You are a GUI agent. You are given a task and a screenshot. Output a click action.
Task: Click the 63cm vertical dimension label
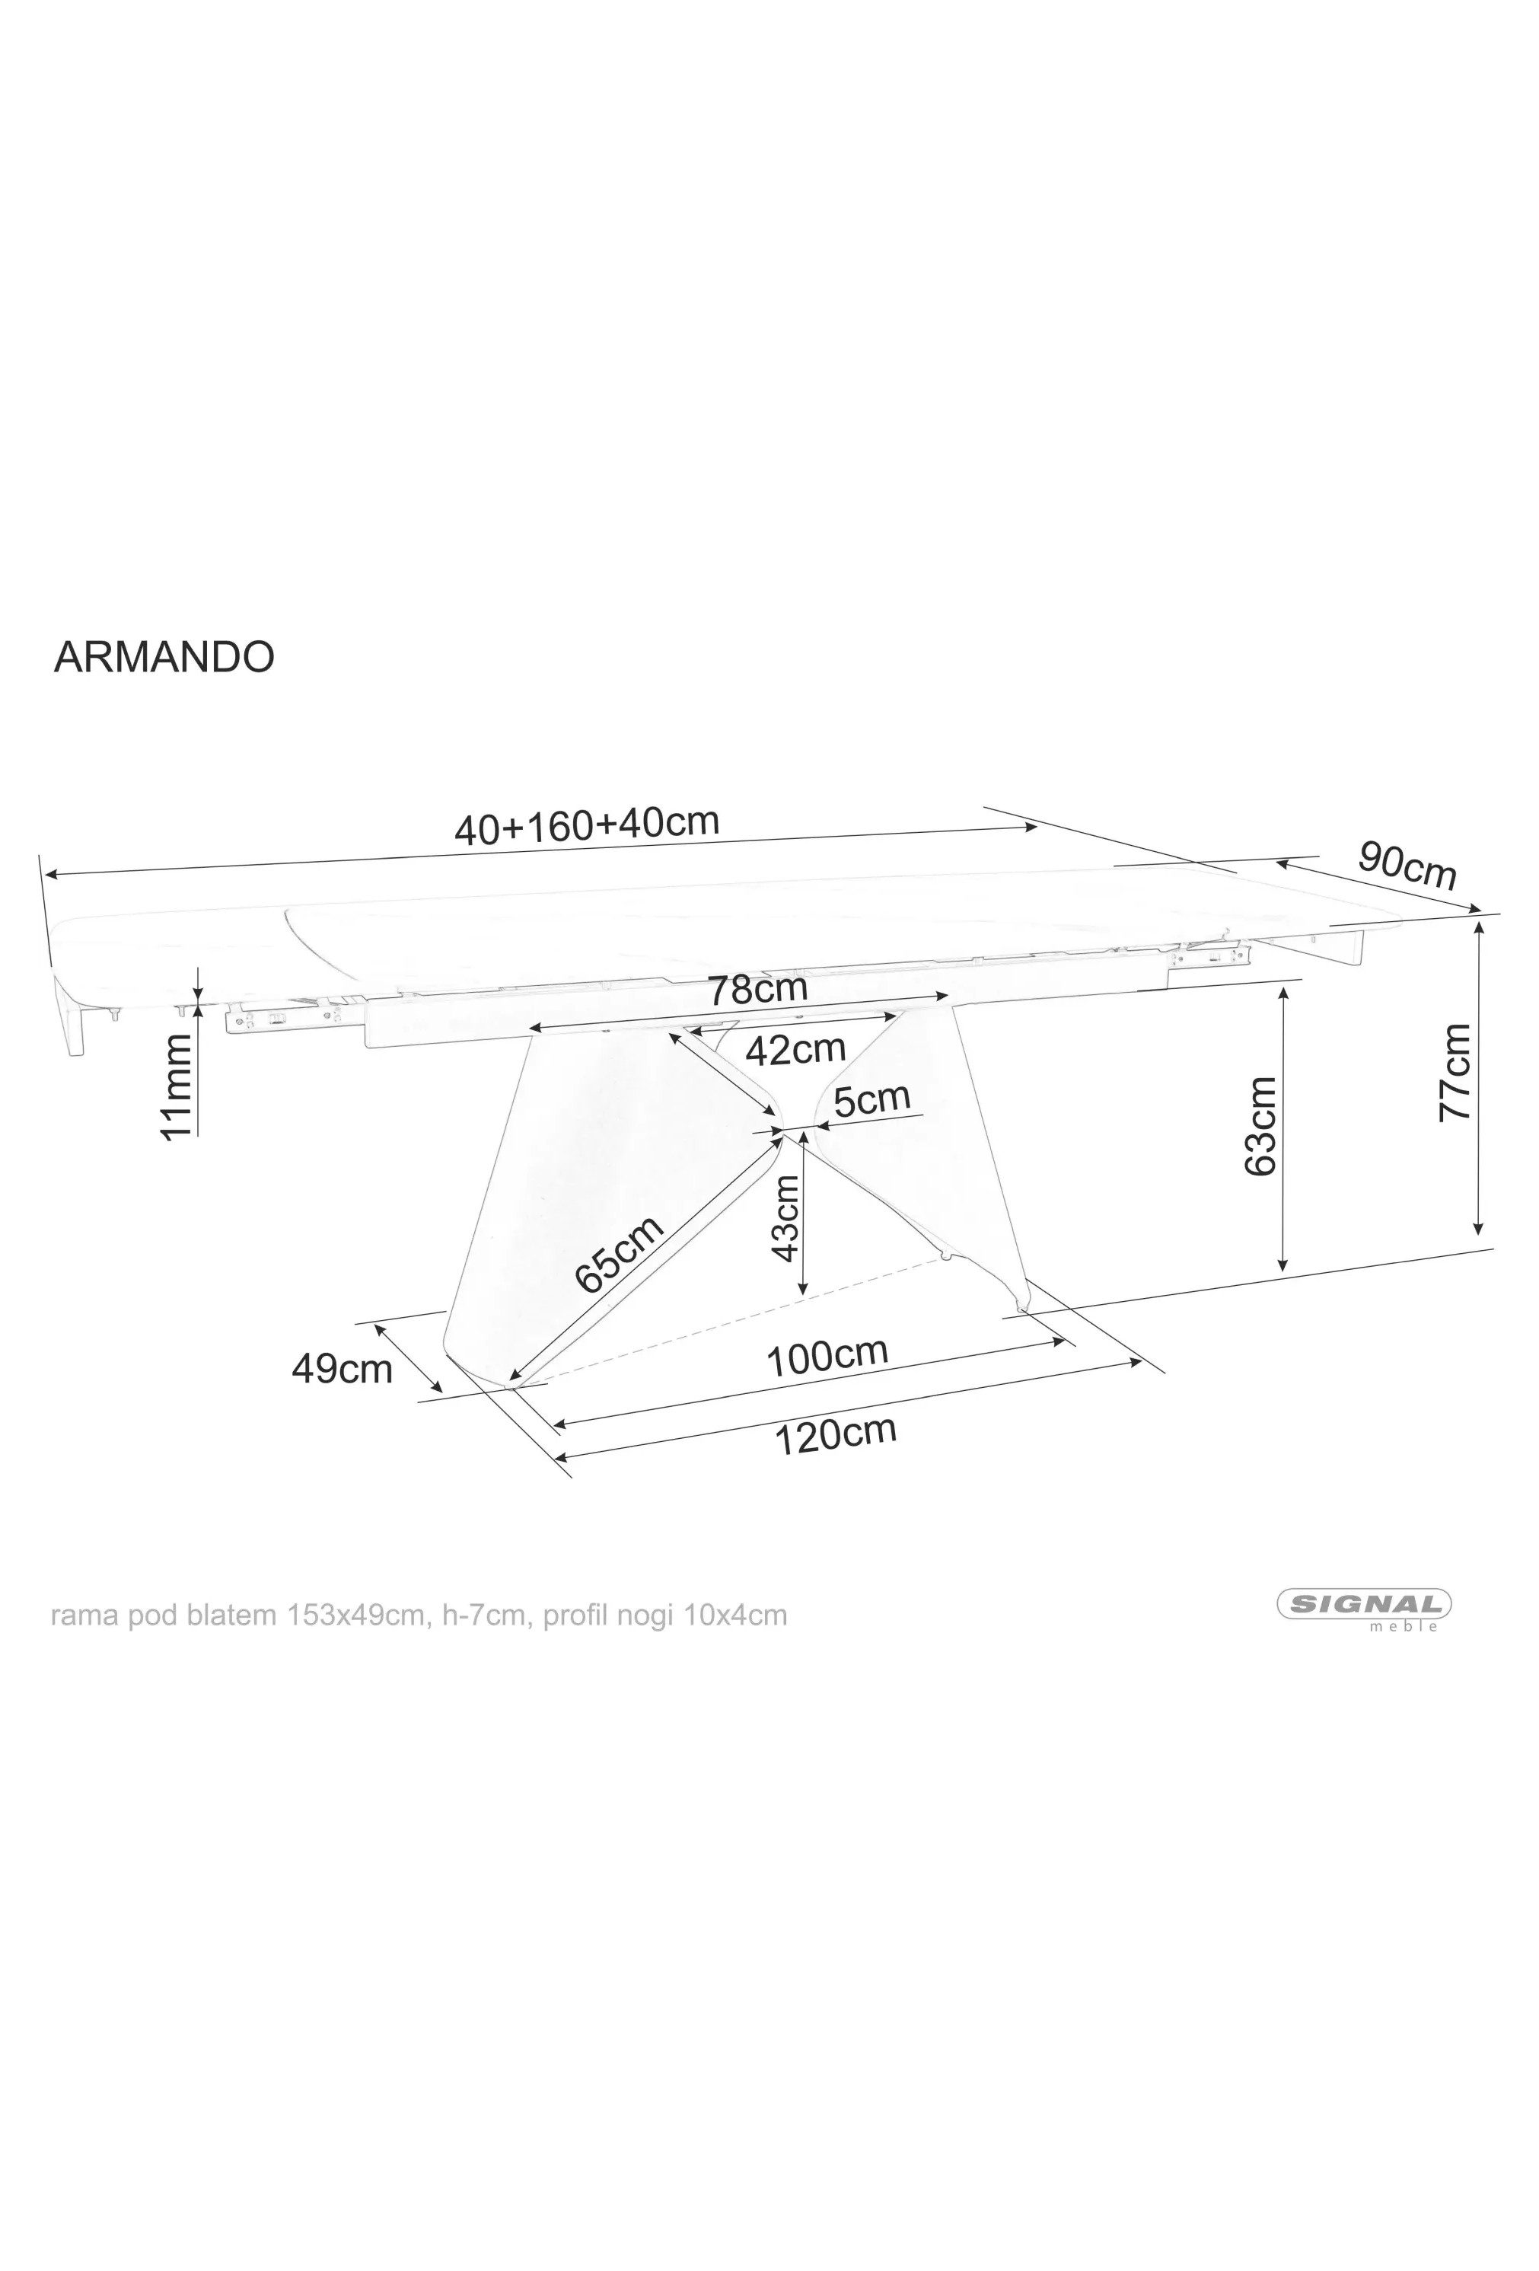pos(1260,1126)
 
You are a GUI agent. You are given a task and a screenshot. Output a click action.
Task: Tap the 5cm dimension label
pos(871,1099)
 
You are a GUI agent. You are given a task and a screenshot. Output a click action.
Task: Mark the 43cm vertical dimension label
pos(785,1217)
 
